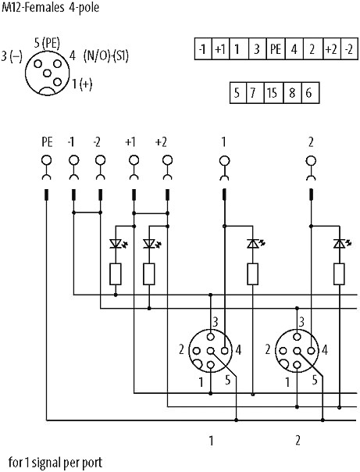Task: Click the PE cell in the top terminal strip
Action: (276, 48)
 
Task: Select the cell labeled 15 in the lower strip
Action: (273, 93)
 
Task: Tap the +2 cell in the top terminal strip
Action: (332, 48)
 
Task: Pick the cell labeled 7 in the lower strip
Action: (255, 93)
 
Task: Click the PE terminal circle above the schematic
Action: (46, 160)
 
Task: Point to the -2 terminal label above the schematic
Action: (97, 142)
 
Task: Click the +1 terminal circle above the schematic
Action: (134, 160)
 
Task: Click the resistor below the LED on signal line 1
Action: (253, 274)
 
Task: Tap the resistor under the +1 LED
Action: (116, 274)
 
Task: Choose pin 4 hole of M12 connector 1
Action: (224, 351)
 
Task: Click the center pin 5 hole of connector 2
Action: (298, 351)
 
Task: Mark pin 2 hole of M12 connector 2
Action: (283, 351)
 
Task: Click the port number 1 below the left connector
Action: (211, 441)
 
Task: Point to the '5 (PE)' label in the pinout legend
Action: (47, 43)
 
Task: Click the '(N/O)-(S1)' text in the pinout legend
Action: (106, 55)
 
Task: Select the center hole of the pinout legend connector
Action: (47, 73)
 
